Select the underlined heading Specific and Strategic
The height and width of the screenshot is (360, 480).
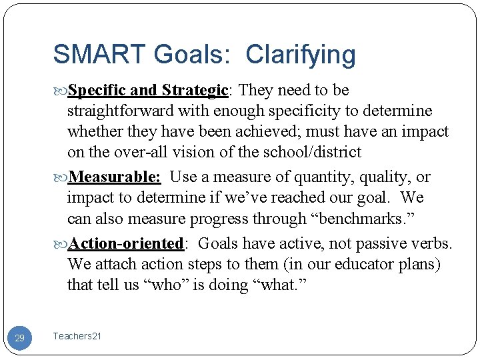(x=148, y=90)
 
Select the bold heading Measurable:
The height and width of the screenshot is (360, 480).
(x=115, y=177)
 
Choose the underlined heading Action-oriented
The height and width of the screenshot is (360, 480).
(x=126, y=243)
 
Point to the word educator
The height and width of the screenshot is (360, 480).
(x=361, y=265)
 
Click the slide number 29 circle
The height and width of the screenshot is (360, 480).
(x=20, y=338)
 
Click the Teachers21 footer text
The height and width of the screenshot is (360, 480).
(x=77, y=337)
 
